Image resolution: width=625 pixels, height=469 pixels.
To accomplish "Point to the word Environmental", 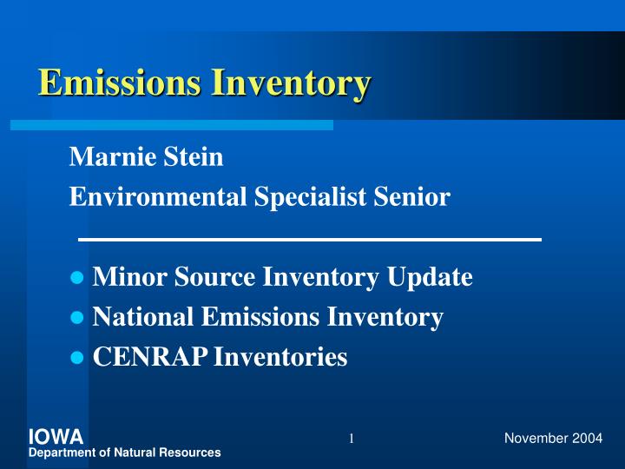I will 159,197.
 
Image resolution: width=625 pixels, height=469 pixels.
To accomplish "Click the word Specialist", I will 313,197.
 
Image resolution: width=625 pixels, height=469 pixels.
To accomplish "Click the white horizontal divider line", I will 310,239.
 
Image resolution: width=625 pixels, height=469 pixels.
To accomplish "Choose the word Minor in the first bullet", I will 123,277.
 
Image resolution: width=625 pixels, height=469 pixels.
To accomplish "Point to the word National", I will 143,317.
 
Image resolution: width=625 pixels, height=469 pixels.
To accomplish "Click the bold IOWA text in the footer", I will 56,437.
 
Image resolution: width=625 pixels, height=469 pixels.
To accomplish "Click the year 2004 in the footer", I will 588,438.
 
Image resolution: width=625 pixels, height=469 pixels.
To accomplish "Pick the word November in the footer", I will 536,438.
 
